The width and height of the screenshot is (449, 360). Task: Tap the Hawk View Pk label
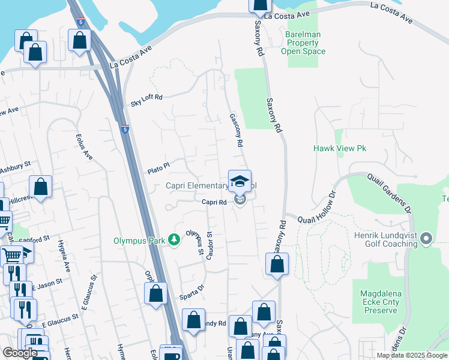click(339, 148)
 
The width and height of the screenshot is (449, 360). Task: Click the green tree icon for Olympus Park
click(174, 240)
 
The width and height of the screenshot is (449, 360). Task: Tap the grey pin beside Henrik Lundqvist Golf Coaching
click(426, 239)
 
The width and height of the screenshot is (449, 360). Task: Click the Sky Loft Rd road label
click(147, 100)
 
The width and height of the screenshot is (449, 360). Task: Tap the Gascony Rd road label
click(235, 131)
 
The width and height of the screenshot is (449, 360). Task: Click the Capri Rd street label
click(213, 203)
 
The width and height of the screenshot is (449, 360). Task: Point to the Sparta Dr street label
click(192, 296)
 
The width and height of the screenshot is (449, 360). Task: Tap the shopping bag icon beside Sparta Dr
click(155, 294)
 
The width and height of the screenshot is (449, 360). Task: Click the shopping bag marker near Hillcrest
click(40, 187)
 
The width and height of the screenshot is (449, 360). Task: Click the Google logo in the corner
click(20, 353)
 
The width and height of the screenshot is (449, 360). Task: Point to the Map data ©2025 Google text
click(411, 355)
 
